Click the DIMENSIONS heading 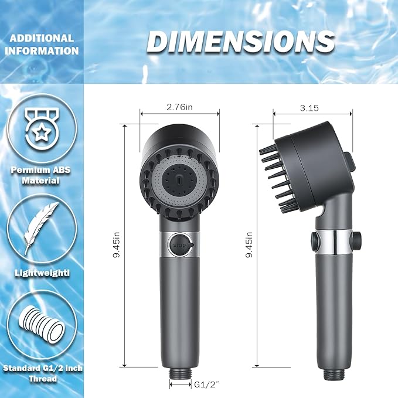[241, 42]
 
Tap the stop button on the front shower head [179, 244]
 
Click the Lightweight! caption [41, 273]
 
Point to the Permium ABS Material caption [41, 176]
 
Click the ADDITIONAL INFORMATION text [41, 45]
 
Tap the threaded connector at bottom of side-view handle [332, 369]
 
